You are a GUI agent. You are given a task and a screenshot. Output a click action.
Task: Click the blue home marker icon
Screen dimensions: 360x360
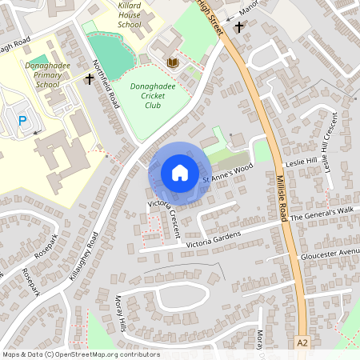179,173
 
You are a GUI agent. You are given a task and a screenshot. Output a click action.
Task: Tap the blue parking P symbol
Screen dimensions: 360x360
22,121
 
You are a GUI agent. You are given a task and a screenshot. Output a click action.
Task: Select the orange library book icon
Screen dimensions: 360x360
172,62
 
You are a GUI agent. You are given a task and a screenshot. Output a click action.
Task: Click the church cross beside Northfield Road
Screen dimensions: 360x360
90,79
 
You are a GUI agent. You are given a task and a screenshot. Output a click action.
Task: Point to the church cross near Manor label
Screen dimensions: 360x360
238,28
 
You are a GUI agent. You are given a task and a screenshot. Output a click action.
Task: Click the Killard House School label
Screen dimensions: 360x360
129,14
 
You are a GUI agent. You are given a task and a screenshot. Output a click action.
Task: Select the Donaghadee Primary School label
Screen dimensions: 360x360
42,74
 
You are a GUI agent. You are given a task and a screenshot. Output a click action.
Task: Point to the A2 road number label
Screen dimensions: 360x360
302,342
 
